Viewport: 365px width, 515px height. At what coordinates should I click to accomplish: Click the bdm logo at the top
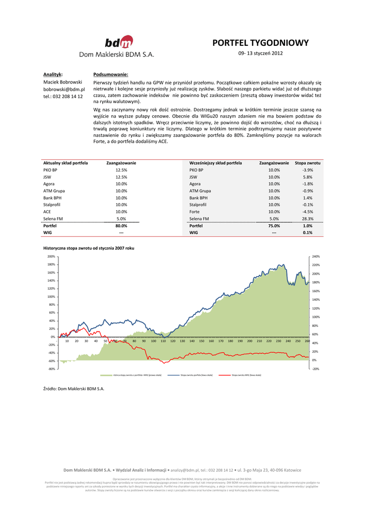tap(119, 42)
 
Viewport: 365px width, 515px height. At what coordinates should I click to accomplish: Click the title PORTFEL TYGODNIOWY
tap(260, 43)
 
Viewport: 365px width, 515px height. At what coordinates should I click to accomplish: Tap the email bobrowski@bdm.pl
tap(64, 89)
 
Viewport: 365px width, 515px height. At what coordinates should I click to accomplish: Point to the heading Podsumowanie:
tap(111, 74)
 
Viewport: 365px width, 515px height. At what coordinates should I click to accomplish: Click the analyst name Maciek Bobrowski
tap(63, 81)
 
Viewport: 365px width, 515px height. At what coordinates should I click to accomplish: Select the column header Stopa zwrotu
tap(308, 163)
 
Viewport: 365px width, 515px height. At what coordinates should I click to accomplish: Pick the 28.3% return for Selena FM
tap(308, 219)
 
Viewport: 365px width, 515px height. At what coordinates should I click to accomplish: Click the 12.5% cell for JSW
tap(121, 177)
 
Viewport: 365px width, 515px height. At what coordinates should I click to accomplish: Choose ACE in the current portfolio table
tap(48, 212)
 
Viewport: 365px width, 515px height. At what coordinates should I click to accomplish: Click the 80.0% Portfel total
tap(121, 226)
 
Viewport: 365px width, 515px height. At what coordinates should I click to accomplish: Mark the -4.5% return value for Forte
tap(308, 212)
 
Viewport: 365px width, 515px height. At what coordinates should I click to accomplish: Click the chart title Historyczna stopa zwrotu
tap(89, 248)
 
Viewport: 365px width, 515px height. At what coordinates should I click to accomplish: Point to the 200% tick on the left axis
tap(51, 256)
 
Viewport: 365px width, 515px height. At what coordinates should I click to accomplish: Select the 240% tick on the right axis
tap(316, 256)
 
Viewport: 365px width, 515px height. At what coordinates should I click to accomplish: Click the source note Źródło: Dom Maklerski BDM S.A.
tap(74, 389)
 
